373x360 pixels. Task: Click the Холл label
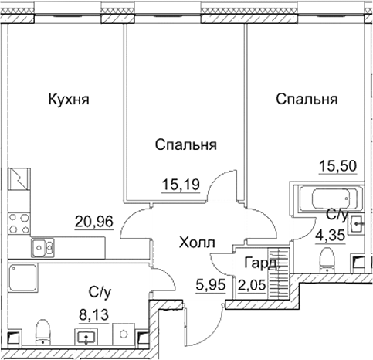coord(197,243)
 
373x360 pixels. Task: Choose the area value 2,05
coord(255,283)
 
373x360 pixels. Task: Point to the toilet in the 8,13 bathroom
coord(45,333)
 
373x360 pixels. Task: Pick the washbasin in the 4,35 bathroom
coord(356,224)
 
